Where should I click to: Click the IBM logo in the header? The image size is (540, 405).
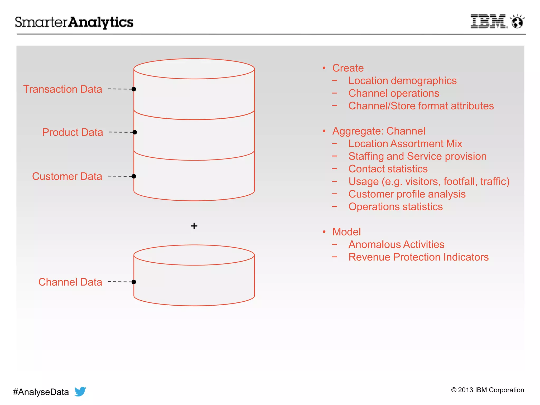click(489, 21)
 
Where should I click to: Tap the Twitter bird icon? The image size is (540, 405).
click(80, 391)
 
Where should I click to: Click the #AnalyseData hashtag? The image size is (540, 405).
click(41, 392)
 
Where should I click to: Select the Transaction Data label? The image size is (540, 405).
click(62, 89)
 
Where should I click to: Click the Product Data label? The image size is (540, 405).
click(73, 132)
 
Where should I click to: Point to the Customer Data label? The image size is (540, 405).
click(67, 176)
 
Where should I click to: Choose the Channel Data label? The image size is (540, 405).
click(70, 282)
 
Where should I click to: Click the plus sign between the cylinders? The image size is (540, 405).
click(194, 226)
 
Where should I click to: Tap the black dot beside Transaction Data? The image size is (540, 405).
click(134, 89)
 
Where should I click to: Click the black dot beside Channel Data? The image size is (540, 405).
click(134, 282)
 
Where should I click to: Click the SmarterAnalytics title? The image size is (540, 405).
click(74, 22)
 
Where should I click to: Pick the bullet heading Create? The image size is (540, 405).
click(348, 68)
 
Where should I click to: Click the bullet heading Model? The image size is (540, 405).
click(346, 232)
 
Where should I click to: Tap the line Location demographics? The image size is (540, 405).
click(402, 81)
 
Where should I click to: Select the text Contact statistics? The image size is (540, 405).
click(388, 169)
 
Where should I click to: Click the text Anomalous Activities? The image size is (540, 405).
click(396, 244)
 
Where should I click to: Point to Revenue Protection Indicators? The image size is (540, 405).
click(418, 257)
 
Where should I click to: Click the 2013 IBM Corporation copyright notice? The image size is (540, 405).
click(488, 390)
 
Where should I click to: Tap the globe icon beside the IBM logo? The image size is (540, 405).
click(517, 22)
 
